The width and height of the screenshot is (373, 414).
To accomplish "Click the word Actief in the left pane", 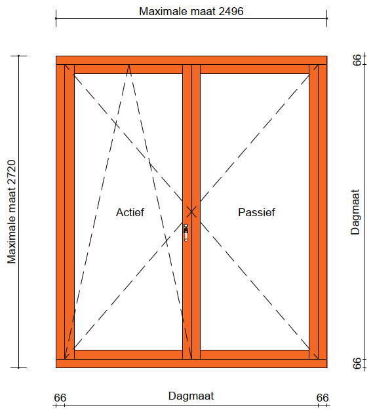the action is click(x=130, y=212).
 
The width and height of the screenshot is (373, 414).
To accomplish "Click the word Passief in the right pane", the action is click(x=256, y=212).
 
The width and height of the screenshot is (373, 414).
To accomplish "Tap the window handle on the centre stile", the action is click(x=186, y=233).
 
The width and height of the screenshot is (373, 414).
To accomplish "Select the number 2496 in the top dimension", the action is click(x=231, y=11).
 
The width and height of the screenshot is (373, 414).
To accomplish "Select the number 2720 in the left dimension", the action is click(x=12, y=172).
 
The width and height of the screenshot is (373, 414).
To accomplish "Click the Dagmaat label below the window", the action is click(x=191, y=396).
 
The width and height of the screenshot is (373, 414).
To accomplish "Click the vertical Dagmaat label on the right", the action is click(x=355, y=212).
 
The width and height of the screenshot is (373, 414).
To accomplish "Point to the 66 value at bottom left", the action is click(x=60, y=398).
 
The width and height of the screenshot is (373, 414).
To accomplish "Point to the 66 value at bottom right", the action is click(x=323, y=398).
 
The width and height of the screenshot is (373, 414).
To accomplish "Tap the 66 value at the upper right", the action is click(x=357, y=60).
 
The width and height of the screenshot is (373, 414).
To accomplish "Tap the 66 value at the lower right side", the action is click(x=357, y=364).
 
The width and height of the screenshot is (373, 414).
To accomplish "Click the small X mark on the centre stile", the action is click(x=191, y=212).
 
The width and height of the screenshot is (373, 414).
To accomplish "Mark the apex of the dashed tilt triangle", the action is click(x=128, y=65).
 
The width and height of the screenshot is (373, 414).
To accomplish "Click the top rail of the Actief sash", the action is click(x=128, y=69).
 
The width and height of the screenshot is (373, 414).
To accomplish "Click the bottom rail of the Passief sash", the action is click(x=254, y=354).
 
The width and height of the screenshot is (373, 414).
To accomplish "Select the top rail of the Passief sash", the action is click(x=254, y=69).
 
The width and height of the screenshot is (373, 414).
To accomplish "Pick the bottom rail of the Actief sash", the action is click(x=128, y=354).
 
